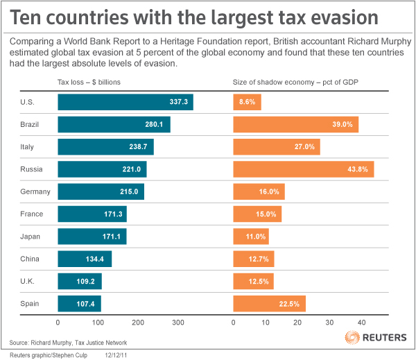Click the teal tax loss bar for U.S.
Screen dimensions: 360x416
(x=125, y=102)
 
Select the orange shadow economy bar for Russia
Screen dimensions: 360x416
(x=303, y=169)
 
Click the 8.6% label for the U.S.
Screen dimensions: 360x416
(x=248, y=102)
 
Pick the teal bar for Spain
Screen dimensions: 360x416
(x=79, y=303)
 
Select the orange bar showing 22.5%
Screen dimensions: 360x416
(x=269, y=303)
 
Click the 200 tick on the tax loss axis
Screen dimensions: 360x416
(x=138, y=323)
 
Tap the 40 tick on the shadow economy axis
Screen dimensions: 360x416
(x=361, y=323)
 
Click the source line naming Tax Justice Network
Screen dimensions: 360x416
(x=58, y=343)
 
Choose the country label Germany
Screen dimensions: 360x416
(x=34, y=191)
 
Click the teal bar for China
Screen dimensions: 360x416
(x=84, y=259)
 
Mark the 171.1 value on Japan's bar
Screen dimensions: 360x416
(x=110, y=237)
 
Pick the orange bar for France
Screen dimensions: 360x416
(x=257, y=214)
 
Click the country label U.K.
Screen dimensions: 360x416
(x=27, y=281)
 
